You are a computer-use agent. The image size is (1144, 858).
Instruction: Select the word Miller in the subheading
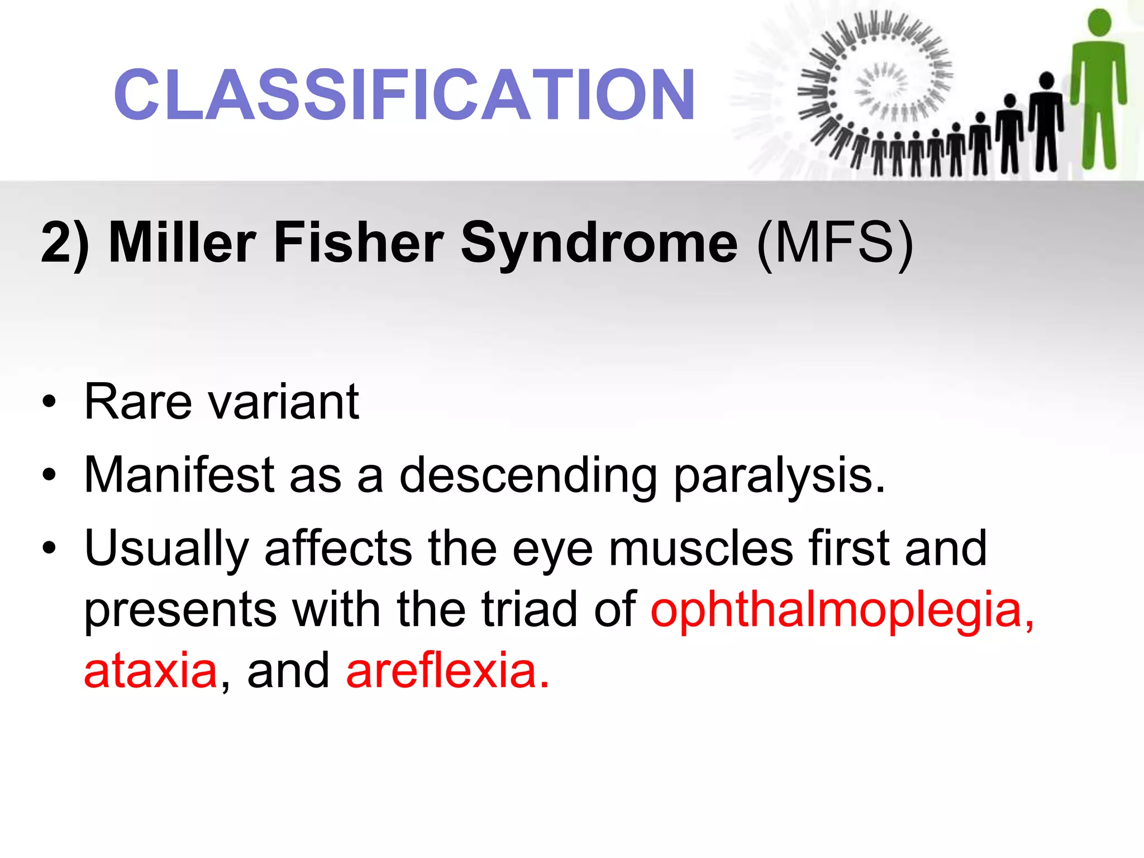[x=182, y=242]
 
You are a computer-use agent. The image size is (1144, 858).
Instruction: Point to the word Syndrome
[x=599, y=242]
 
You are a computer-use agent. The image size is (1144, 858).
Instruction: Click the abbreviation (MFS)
[x=835, y=242]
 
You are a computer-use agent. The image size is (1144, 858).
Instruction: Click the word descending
[x=528, y=476]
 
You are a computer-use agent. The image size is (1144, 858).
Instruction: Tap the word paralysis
[x=779, y=476]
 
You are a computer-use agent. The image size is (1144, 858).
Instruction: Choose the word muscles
[x=701, y=549]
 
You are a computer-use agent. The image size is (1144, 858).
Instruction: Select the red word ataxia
[x=150, y=670]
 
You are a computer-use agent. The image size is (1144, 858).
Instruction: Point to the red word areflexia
[x=447, y=670]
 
